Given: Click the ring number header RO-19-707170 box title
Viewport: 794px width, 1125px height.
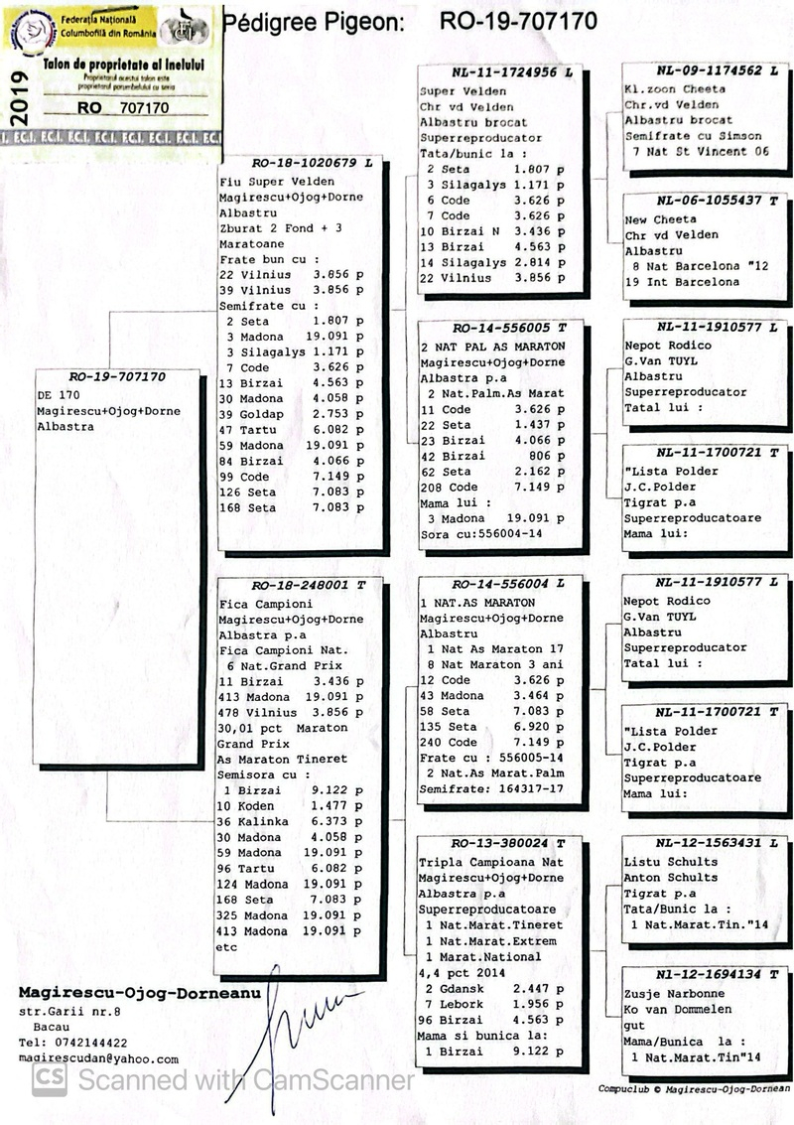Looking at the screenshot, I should [117, 377].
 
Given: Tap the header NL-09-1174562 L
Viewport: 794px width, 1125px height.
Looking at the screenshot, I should [708, 71].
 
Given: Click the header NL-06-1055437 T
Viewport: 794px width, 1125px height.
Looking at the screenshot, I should [708, 201].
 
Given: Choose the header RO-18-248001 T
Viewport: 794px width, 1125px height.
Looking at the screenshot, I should [299, 586].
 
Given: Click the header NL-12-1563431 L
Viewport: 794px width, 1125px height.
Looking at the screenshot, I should [708, 844].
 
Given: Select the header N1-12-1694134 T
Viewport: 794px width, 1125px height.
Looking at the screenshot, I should [708, 975].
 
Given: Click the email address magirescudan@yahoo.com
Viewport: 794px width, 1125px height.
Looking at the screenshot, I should [98, 1059].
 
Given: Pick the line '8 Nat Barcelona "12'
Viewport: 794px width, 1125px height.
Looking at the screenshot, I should [697, 266].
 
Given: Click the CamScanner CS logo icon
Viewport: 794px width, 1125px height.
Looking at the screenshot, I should [50, 1079].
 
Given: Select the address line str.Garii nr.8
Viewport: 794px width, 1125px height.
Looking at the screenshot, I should [69, 1012].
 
